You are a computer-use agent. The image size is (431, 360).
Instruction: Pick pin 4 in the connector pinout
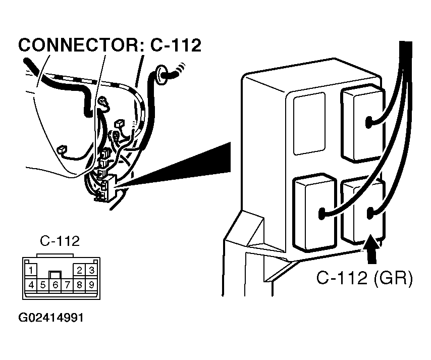(x=31, y=284)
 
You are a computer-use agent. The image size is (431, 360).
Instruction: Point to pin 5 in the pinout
(x=43, y=284)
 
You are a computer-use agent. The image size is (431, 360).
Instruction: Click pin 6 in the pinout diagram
(x=56, y=285)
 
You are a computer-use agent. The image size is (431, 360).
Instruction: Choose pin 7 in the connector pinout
(x=68, y=284)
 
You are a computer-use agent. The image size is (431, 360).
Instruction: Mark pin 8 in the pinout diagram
(x=80, y=284)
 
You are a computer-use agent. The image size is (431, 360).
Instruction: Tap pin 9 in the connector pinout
(x=91, y=284)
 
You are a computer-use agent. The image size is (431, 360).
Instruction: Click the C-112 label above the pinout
(x=60, y=241)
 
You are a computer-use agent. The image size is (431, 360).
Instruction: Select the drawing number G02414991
(x=50, y=319)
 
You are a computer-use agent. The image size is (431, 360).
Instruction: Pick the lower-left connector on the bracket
(x=314, y=212)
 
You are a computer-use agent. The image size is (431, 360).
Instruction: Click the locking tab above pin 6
(x=56, y=275)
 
